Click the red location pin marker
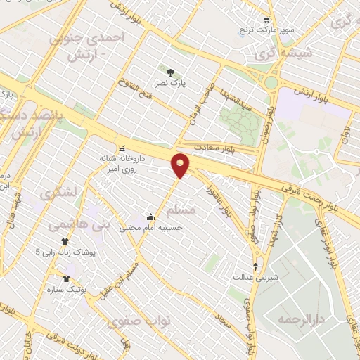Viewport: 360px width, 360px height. (181, 165)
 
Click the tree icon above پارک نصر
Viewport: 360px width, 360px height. (169, 72)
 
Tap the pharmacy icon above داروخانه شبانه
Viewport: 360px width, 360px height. (123, 148)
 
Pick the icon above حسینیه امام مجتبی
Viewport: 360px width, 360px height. (150, 216)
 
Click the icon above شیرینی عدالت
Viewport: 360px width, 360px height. (255, 265)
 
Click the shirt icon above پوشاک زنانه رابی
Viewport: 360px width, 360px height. (65, 240)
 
